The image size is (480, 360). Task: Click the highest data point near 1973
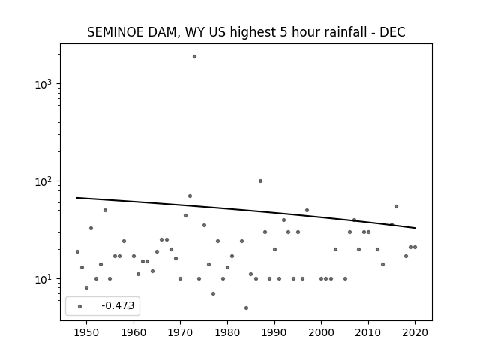click(194, 57)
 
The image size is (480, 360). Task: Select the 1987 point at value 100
click(260, 181)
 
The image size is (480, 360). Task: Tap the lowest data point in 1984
click(247, 308)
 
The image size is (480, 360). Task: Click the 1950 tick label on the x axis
click(87, 332)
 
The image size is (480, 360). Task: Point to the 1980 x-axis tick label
click(227, 332)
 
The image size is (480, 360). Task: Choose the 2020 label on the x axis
click(415, 332)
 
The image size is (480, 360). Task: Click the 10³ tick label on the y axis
click(43, 84)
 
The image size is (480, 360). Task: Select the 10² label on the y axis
click(43, 181)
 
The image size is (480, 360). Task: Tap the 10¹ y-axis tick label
click(43, 279)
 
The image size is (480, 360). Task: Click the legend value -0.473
click(118, 305)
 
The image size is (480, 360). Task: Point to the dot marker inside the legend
click(80, 307)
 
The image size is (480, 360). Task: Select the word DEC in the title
click(392, 32)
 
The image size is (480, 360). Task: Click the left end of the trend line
click(76, 198)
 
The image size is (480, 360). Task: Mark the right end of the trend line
click(415, 228)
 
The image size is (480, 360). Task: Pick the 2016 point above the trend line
click(397, 207)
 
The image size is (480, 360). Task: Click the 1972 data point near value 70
click(190, 196)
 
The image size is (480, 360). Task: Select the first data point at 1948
click(77, 252)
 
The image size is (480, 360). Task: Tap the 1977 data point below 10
click(213, 293)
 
